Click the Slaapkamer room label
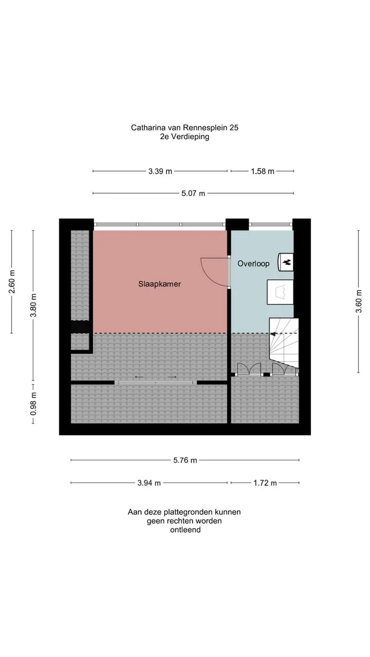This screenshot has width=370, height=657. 159,284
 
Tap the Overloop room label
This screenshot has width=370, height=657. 253,264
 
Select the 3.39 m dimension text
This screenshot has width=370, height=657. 160,171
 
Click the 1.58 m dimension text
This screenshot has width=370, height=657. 262,171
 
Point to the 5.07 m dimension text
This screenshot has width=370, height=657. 193,194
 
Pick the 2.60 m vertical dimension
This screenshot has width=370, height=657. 12,282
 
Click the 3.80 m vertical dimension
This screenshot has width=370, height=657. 33,305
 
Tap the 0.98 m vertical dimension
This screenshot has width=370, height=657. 33,403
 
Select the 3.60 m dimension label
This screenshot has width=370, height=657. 359,301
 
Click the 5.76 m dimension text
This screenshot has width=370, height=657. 185,460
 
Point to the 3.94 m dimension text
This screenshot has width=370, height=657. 149,483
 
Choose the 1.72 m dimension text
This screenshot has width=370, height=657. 265,483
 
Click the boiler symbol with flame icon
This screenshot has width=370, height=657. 285,262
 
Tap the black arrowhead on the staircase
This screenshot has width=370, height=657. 273,334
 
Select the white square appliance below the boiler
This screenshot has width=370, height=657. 280,292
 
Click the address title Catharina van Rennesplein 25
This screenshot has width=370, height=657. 184,128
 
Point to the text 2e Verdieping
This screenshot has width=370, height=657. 184,137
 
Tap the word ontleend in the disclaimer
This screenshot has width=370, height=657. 186,530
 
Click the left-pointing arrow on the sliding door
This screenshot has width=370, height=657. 139,377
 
